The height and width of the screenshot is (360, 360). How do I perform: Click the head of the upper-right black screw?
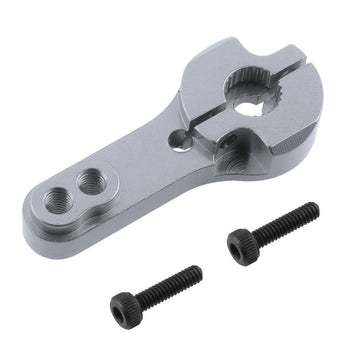pyautogui.click(x=243, y=244)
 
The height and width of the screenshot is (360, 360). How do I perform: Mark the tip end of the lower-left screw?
pyautogui.click(x=198, y=270)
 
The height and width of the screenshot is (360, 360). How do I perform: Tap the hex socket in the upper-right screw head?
pyautogui.click(x=240, y=246)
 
